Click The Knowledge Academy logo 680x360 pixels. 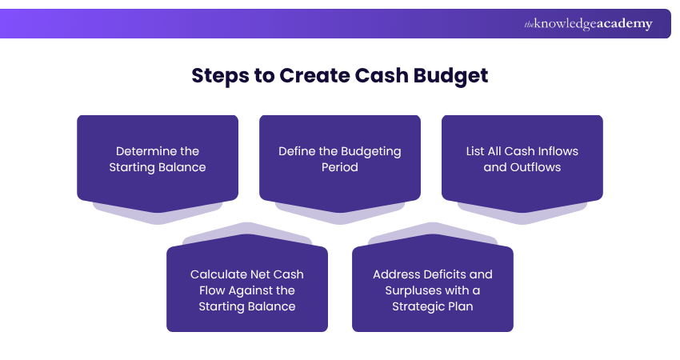588,24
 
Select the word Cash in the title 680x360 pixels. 380,76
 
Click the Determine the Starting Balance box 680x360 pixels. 158,158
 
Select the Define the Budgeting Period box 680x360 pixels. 340,158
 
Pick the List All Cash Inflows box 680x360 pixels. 522,158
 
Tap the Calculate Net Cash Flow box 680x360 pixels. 247,290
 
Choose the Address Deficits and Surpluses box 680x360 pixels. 433,290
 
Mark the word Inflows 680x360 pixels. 558,151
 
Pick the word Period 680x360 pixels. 340,167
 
